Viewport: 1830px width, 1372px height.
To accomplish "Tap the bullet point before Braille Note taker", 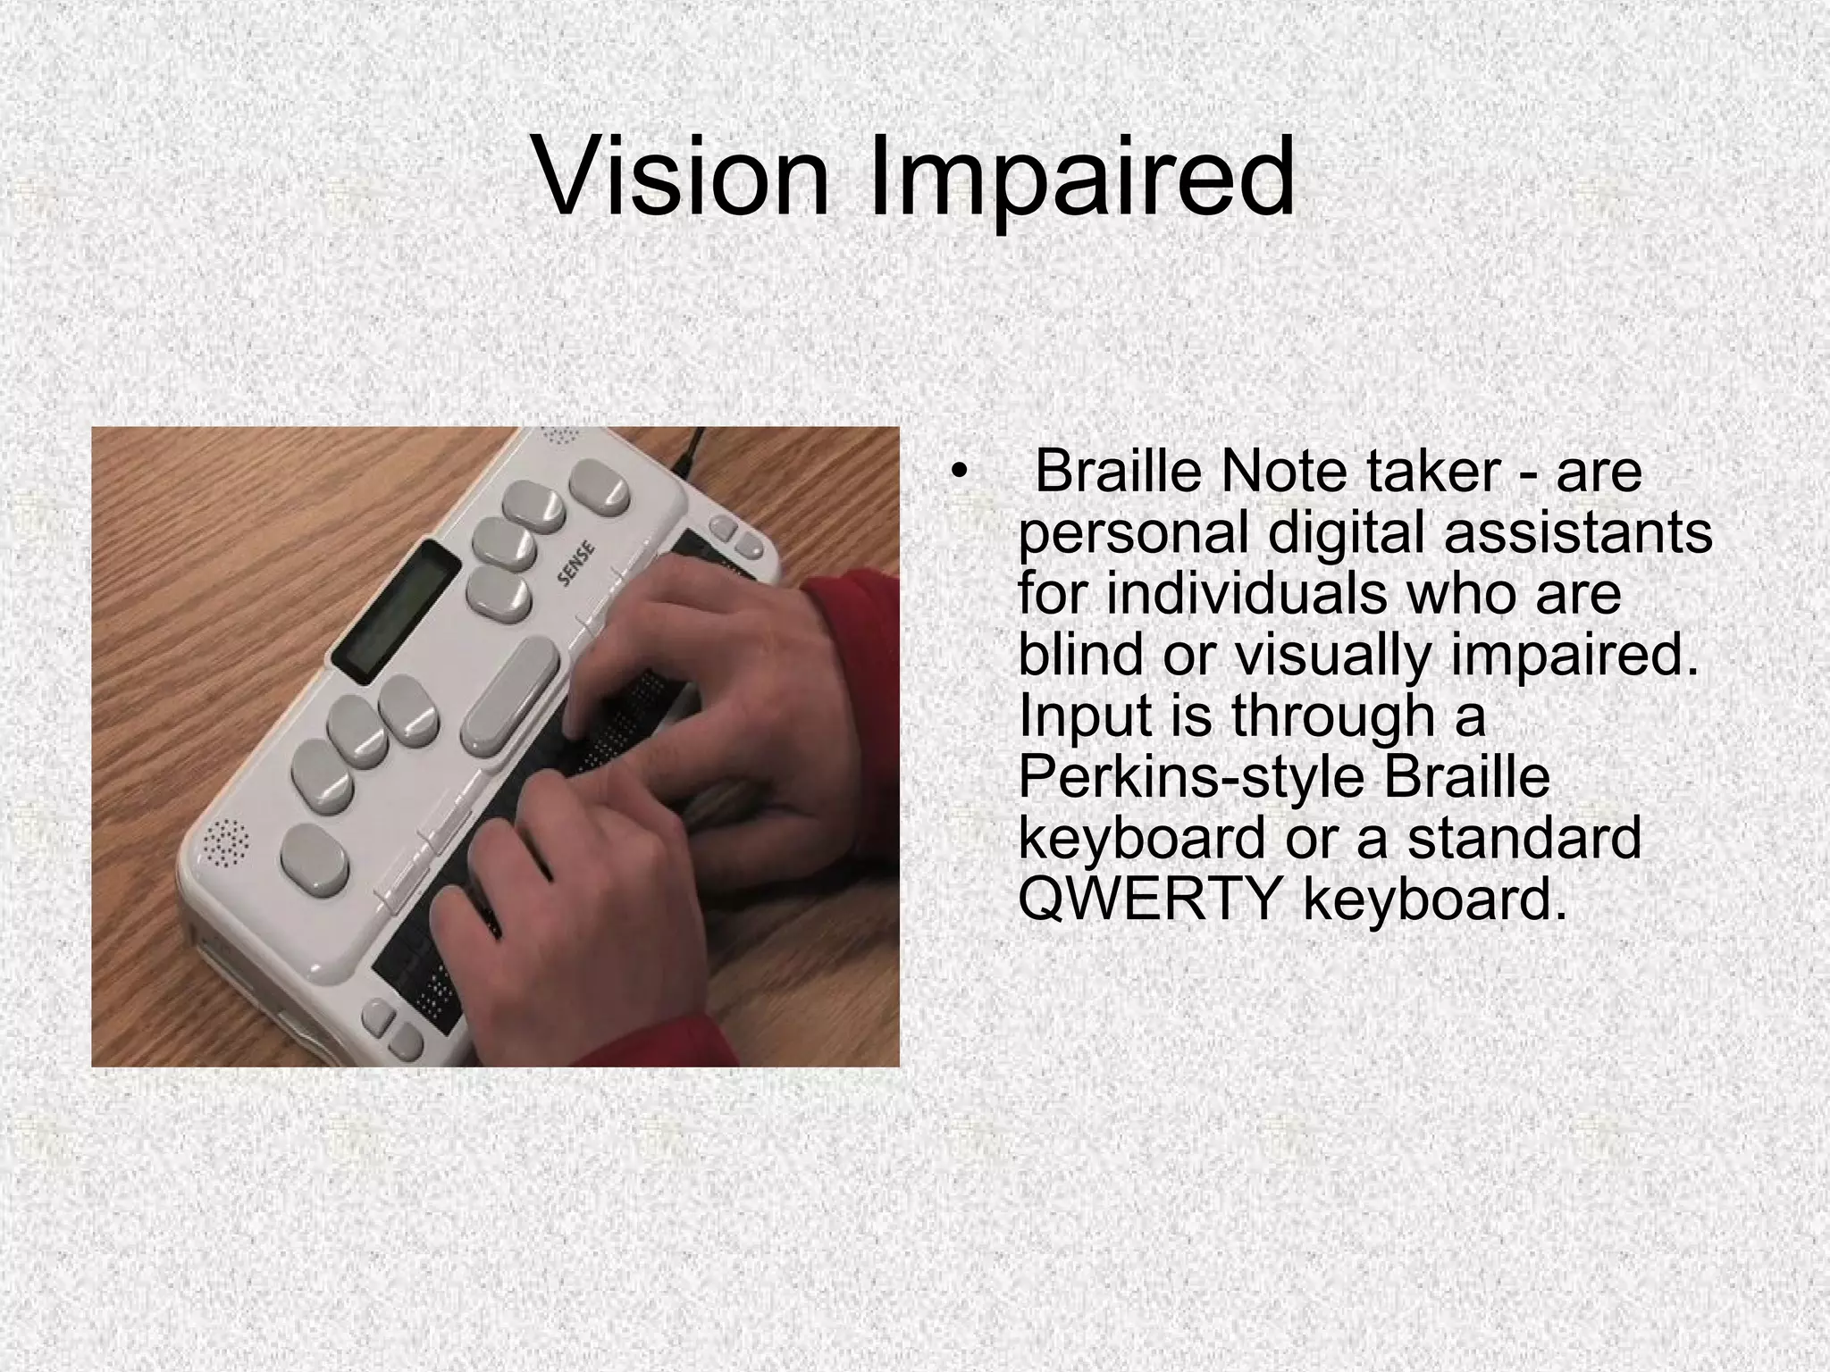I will [960, 473].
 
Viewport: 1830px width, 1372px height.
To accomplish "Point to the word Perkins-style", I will [1192, 777].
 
